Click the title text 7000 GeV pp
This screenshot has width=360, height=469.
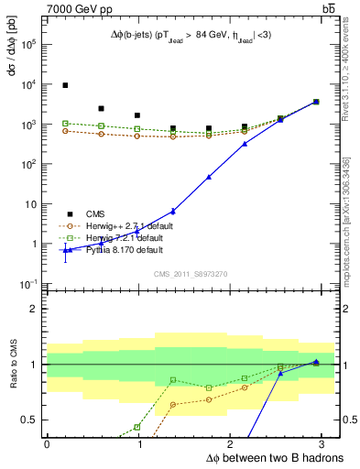(76, 8)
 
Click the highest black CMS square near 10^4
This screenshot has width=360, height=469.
(65, 85)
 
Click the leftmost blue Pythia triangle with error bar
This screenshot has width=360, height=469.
(65, 250)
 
